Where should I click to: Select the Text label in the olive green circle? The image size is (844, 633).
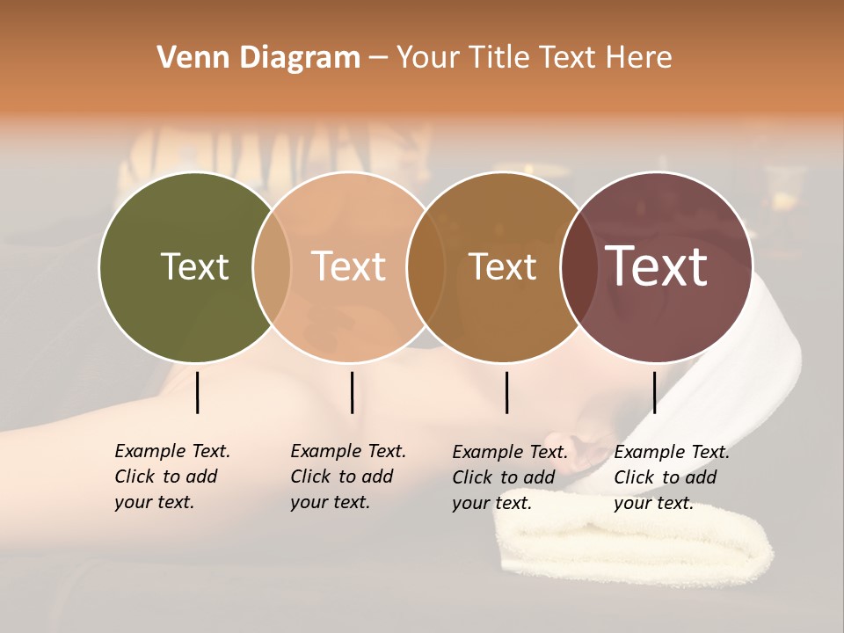(x=194, y=266)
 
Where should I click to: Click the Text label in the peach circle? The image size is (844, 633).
(x=349, y=266)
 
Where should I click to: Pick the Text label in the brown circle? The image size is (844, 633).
(x=502, y=266)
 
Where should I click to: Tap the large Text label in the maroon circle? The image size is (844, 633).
(x=657, y=266)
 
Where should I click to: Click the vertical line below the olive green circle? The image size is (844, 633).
(x=198, y=392)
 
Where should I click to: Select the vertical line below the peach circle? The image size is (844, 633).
(x=352, y=392)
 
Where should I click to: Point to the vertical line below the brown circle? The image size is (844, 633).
(x=507, y=392)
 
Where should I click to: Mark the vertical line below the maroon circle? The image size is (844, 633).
(x=654, y=392)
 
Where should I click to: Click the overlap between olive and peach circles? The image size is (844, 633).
(x=272, y=266)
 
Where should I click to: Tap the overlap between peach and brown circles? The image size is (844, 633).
(x=426, y=266)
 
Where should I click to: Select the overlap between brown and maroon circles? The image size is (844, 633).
(x=578, y=266)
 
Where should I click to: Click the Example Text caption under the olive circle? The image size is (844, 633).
(x=171, y=477)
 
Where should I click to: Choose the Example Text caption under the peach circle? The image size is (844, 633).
(x=347, y=477)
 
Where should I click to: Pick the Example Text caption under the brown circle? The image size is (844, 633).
(x=509, y=477)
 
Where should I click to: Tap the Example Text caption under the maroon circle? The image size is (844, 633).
(x=671, y=477)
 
